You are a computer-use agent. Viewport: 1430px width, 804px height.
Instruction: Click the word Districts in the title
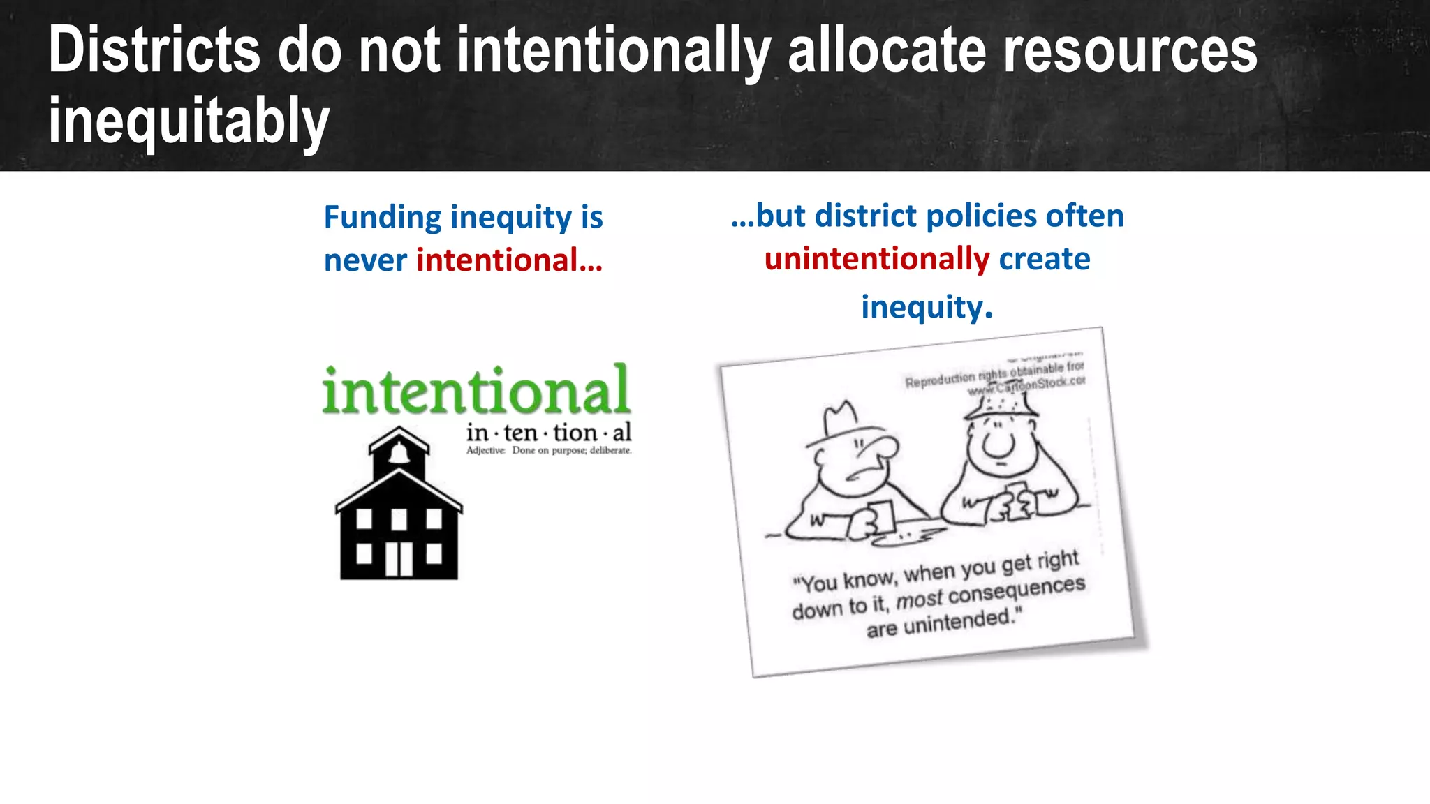click(x=154, y=50)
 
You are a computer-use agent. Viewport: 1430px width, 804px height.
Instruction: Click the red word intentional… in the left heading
click(x=510, y=260)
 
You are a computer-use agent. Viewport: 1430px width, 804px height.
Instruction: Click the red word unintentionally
click(x=877, y=259)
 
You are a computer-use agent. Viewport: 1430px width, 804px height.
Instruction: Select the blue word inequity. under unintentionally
click(x=927, y=307)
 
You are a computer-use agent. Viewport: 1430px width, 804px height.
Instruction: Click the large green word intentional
click(x=476, y=391)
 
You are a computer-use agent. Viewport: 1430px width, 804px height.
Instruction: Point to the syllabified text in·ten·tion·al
click(x=549, y=433)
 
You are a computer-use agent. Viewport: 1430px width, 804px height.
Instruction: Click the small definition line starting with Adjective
click(x=549, y=451)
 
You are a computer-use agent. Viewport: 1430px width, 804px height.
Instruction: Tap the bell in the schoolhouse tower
click(x=399, y=453)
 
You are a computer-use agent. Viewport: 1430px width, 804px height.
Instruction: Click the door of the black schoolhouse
click(x=399, y=558)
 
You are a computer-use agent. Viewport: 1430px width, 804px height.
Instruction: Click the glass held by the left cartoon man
click(x=881, y=516)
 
